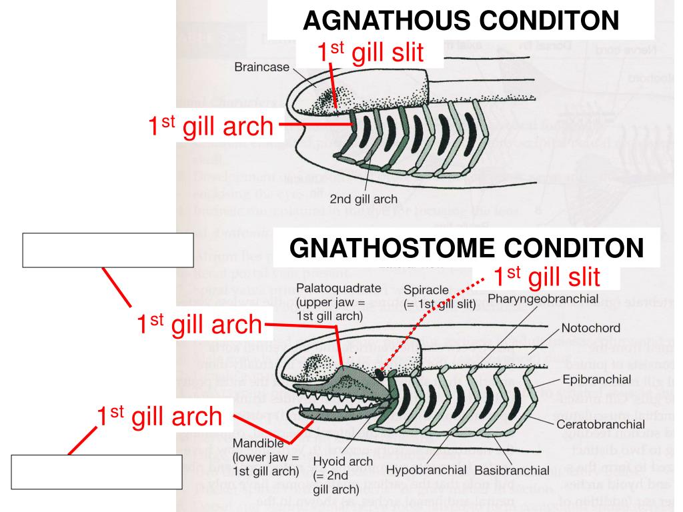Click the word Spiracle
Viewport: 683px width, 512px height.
pos(426,291)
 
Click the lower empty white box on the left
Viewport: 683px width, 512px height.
pos(95,472)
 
